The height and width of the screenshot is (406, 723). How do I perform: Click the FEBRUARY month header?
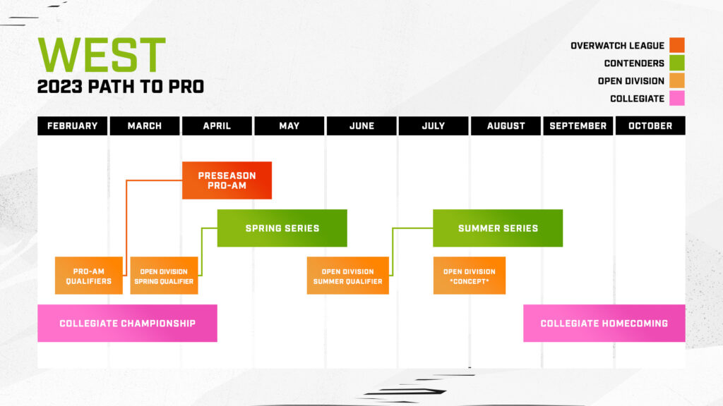pyautogui.click(x=72, y=125)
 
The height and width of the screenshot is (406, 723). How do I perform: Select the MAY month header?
pyautogui.click(x=289, y=125)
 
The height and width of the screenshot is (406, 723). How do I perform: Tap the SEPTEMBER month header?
pyautogui.click(x=578, y=125)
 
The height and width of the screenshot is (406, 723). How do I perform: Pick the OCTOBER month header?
pyautogui.click(x=650, y=125)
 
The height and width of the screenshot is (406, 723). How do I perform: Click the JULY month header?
pyautogui.click(x=433, y=125)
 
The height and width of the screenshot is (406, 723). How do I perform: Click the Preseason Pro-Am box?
pyautogui.click(x=227, y=180)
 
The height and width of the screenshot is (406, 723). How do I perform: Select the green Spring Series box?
pyautogui.click(x=282, y=228)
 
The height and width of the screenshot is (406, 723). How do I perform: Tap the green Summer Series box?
pyautogui.click(x=497, y=228)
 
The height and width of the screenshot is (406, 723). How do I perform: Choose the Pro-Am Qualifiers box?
pyautogui.click(x=89, y=276)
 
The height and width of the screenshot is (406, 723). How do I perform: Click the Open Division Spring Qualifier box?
pyautogui.click(x=164, y=276)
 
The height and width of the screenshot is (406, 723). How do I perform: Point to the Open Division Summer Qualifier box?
pyautogui.click(x=347, y=276)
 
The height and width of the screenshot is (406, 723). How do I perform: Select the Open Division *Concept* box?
pyautogui.click(x=469, y=276)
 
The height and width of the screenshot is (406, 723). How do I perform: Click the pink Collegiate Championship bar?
pyautogui.click(x=127, y=324)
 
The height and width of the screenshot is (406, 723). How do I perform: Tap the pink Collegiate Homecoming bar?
pyautogui.click(x=604, y=324)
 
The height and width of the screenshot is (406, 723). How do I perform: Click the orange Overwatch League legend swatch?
pyautogui.click(x=677, y=46)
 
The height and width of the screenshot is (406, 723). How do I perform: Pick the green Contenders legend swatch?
pyautogui.click(x=677, y=63)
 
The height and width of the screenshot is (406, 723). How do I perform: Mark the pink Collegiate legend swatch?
pyautogui.click(x=677, y=99)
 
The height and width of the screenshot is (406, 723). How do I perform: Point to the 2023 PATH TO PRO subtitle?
pyautogui.click(x=121, y=87)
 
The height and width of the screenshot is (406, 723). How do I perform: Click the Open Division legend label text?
pyautogui.click(x=631, y=81)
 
